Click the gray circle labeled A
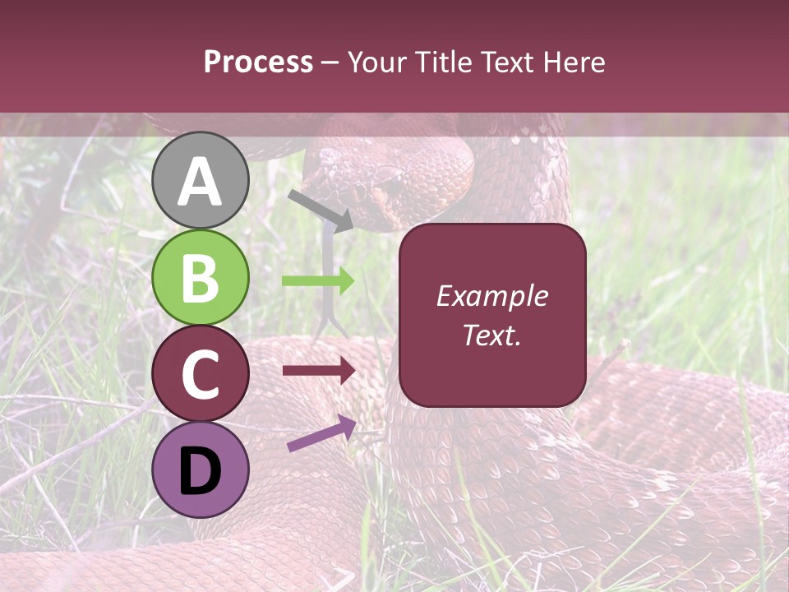tap(201, 181)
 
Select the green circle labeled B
tap(201, 278)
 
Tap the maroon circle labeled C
tap(201, 373)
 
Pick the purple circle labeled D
tap(201, 469)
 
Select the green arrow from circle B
tap(318, 280)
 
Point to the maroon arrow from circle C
tap(318, 371)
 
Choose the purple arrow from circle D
tap(321, 433)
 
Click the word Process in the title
tap(258, 62)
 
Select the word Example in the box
tap(491, 296)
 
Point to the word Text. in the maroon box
tap(491, 335)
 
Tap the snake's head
tap(370, 185)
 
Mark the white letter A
tap(201, 182)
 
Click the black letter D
tap(201, 471)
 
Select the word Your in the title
tap(379, 62)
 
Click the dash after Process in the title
tap(330, 62)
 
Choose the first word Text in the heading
tap(503, 62)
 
